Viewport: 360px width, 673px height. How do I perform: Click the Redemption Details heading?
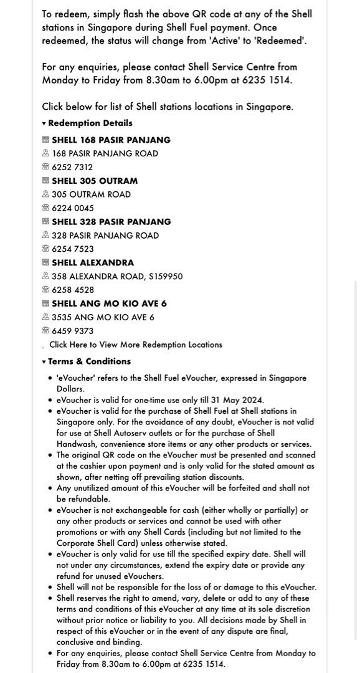(x=90, y=123)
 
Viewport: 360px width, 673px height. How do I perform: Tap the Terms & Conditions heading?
(x=89, y=361)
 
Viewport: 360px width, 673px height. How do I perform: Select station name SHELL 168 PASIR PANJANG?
(x=111, y=140)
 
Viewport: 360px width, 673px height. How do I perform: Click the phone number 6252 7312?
(x=72, y=167)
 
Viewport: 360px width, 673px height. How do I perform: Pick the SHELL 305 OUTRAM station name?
(x=95, y=181)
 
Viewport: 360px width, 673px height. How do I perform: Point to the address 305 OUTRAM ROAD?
(x=91, y=194)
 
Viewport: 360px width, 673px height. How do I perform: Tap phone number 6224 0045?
(x=73, y=208)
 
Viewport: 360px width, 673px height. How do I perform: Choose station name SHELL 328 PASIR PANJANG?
(x=111, y=222)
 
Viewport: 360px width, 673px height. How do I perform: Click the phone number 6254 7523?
(x=73, y=249)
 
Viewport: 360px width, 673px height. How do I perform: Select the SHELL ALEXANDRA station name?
(x=93, y=263)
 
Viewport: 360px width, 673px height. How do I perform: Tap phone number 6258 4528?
(x=73, y=290)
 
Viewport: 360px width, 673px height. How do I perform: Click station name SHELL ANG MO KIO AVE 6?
(x=109, y=304)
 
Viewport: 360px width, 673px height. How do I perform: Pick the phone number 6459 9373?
(x=73, y=331)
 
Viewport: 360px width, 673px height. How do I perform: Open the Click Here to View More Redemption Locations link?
(x=136, y=345)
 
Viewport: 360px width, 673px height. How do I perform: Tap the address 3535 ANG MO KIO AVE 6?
(x=103, y=317)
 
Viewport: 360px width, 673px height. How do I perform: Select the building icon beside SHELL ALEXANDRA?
(x=45, y=263)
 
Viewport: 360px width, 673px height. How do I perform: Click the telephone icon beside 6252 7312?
(x=45, y=167)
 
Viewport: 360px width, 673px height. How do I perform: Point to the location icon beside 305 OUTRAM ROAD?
(x=45, y=194)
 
